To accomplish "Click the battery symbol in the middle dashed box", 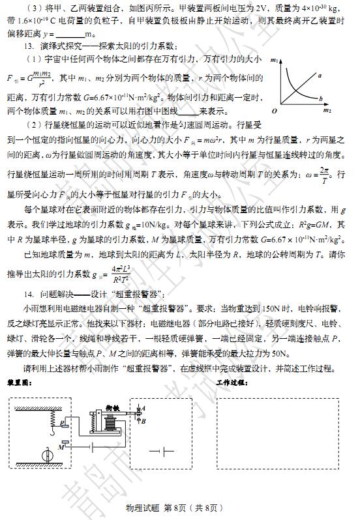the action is [x=158, y=451].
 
